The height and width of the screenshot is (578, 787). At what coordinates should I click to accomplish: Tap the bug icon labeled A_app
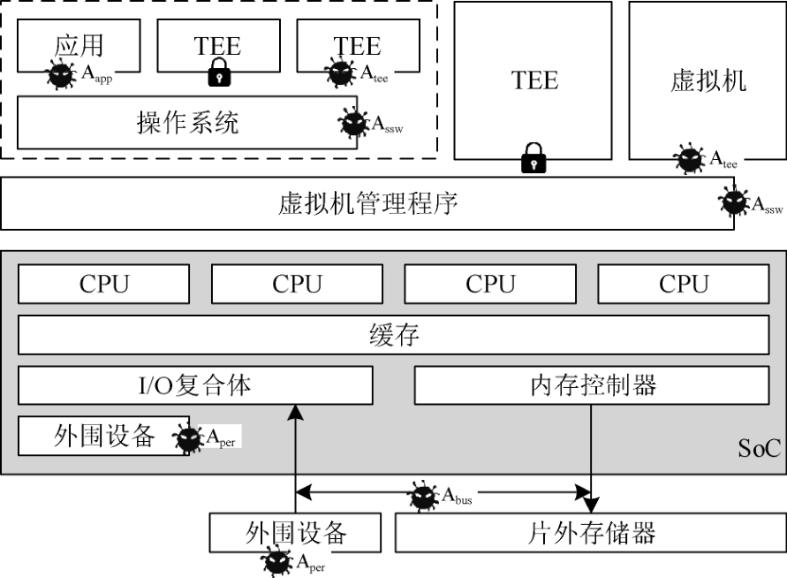pyautogui.click(x=61, y=74)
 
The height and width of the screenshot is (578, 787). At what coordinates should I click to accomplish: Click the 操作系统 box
pyautogui.click(x=187, y=122)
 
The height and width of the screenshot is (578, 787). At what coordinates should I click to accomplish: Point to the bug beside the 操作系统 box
pyautogui.click(x=354, y=124)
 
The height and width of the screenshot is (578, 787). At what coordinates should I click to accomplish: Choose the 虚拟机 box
pyautogui.click(x=708, y=80)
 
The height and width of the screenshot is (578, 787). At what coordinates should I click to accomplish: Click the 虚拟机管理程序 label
pyautogui.click(x=367, y=204)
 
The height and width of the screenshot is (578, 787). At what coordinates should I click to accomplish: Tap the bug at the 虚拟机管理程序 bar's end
pyautogui.click(x=733, y=203)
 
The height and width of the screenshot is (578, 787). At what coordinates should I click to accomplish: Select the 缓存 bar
pyautogui.click(x=393, y=335)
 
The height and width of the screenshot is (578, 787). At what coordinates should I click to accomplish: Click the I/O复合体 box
pyautogui.click(x=195, y=385)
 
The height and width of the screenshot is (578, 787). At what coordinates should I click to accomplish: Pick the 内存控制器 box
pyautogui.click(x=592, y=385)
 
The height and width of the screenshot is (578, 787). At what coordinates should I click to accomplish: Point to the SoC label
pyautogui.click(x=760, y=450)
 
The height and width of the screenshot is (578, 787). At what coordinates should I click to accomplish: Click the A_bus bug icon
pyautogui.click(x=425, y=497)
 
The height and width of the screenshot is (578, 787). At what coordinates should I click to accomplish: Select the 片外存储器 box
pyautogui.click(x=591, y=533)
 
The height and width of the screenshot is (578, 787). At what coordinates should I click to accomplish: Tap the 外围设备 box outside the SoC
pyautogui.click(x=295, y=533)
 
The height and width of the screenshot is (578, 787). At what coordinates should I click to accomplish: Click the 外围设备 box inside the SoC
pyautogui.click(x=104, y=436)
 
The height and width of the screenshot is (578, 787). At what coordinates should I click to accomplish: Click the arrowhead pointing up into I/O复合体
pyautogui.click(x=295, y=411)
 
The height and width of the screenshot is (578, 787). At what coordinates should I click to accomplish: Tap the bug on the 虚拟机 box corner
pyautogui.click(x=690, y=160)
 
